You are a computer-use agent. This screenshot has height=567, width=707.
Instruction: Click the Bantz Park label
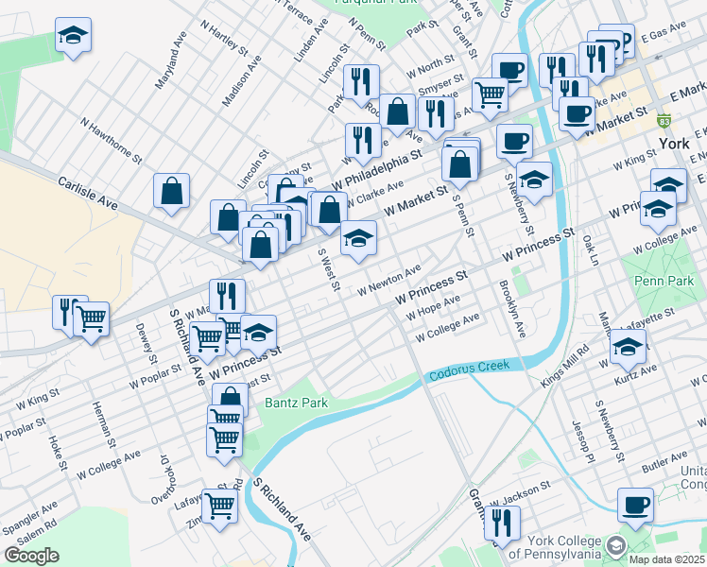pyautogui.click(x=295, y=404)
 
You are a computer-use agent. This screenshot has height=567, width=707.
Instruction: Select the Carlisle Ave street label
pyautogui.click(x=88, y=190)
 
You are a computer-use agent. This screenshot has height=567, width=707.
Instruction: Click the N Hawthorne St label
pyautogui.click(x=111, y=139)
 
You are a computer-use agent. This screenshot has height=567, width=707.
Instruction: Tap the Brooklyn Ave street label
pyautogui.click(x=512, y=310)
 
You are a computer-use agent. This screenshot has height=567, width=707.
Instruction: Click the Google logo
pyautogui.click(x=31, y=556)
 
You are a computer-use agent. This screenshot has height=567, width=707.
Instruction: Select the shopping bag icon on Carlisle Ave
pyautogui.click(x=171, y=191)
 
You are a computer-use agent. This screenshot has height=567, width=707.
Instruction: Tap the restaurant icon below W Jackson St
pyautogui.click(x=503, y=522)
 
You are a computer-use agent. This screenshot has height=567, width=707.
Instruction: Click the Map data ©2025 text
pyautogui.click(x=666, y=558)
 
